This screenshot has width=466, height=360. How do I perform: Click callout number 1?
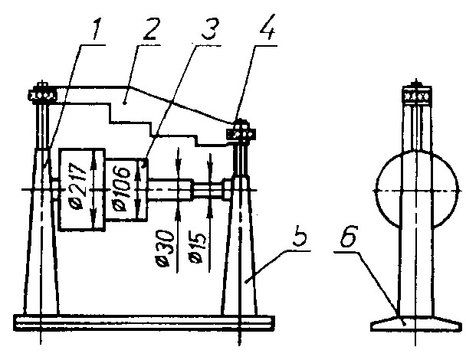[x=96, y=28]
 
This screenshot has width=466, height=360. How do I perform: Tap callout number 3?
[x=210, y=29]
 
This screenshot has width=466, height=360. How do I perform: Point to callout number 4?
[x=267, y=28]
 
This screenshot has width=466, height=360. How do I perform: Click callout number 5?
[x=300, y=235]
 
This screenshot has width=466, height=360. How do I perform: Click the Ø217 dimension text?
[x=77, y=188]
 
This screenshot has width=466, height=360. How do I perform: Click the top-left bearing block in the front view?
[x=42, y=95]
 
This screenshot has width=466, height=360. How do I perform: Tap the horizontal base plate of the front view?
[x=144, y=323]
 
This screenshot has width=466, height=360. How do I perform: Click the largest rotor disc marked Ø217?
[x=82, y=190]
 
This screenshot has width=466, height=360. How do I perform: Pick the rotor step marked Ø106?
[x=126, y=190]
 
